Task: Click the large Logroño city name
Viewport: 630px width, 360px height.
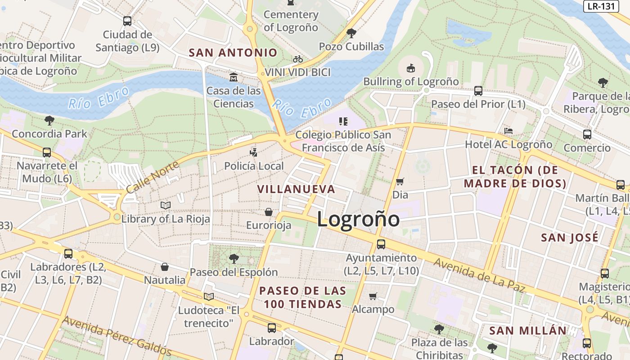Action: pos(358,220)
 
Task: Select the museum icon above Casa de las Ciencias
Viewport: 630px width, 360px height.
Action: pos(233,77)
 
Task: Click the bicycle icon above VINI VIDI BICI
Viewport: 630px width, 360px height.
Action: pos(297,59)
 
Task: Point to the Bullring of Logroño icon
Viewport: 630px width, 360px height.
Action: pos(410,68)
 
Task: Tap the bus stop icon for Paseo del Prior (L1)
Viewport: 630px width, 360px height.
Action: pos(478,91)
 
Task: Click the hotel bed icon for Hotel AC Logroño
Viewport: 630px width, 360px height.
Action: pos(508,131)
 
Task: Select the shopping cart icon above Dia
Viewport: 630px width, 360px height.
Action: pos(400,181)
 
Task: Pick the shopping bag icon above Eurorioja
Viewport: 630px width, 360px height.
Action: pos(269,211)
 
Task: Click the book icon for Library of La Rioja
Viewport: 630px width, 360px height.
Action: pos(166,206)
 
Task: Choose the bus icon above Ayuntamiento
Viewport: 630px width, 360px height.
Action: pos(381,244)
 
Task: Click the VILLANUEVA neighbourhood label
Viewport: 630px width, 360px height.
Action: pos(296,189)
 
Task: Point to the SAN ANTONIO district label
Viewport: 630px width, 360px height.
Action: pos(233,53)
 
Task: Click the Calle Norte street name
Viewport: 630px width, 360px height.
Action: pos(152,177)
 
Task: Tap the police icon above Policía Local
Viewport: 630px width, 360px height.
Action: pos(254,153)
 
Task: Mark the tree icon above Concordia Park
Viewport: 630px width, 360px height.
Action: pos(49,121)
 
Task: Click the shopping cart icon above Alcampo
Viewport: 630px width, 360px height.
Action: pos(373,296)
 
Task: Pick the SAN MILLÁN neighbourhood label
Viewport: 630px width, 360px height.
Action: pos(528,331)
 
